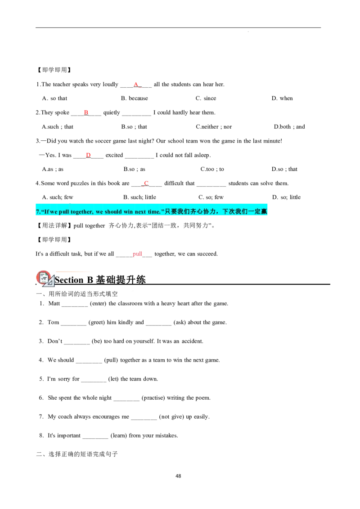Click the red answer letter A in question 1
pyautogui.click(x=136, y=85)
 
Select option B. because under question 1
pyautogui.click(x=135, y=98)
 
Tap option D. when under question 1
pyautogui.click(x=282, y=98)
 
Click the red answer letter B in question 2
pyautogui.click(x=86, y=112)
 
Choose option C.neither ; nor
pyautogui.click(x=214, y=127)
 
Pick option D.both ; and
pyautogui.click(x=289, y=127)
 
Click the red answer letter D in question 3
pyautogui.click(x=88, y=155)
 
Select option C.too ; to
pyautogui.click(x=212, y=169)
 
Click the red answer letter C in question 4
pyautogui.click(x=146, y=183)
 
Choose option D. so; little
pyautogui.click(x=286, y=197)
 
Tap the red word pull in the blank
pyautogui.click(x=137, y=254)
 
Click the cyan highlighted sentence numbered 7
pyautogui.click(x=151, y=211)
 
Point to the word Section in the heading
pyautogui.click(x=69, y=280)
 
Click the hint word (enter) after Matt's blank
pyautogui.click(x=98, y=304)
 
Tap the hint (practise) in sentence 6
pyautogui.click(x=153, y=397)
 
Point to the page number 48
pyautogui.click(x=178, y=476)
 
